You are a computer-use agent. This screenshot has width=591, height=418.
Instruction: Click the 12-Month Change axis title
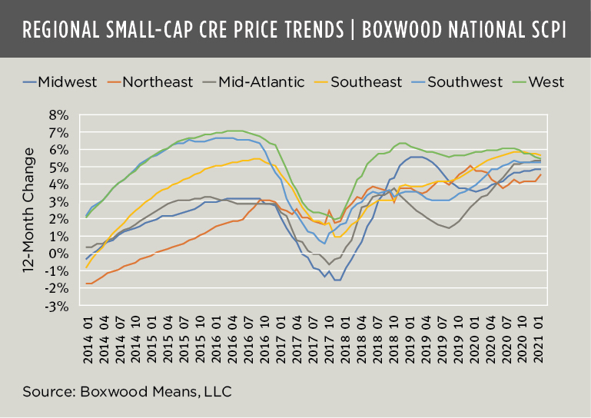[29, 211]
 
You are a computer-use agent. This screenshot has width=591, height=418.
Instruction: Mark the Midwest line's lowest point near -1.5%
[336, 280]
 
